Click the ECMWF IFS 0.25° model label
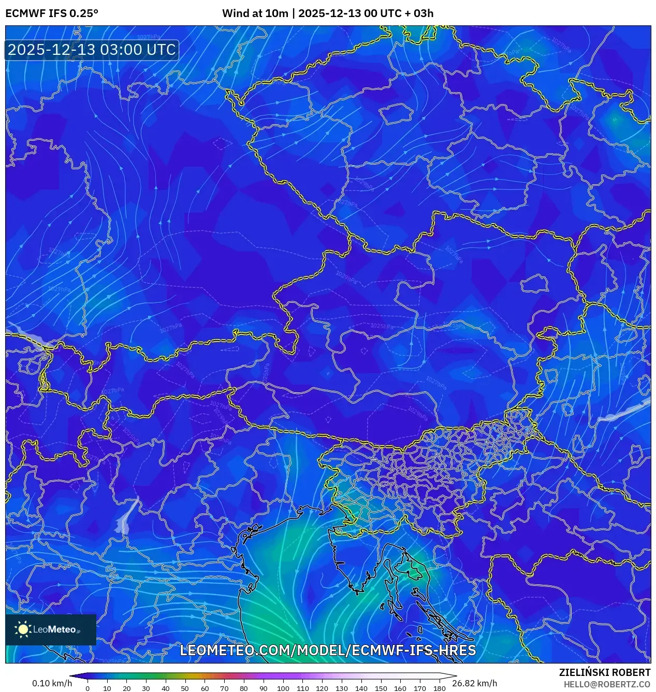pyautogui.click(x=52, y=13)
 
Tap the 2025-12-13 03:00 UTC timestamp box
pyautogui.click(x=92, y=50)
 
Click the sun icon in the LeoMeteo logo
pyautogui.click(x=23, y=629)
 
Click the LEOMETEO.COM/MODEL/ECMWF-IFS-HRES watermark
pyautogui.click(x=328, y=650)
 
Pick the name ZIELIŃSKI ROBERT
pyautogui.click(x=604, y=672)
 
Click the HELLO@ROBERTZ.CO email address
pyautogui.click(x=607, y=684)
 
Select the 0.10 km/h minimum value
pyautogui.click(x=52, y=683)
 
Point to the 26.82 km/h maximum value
pyautogui.click(x=474, y=683)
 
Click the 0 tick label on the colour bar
pyautogui.click(x=87, y=688)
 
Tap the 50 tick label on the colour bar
pyautogui.click(x=185, y=688)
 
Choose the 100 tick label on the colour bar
pyautogui.click(x=283, y=688)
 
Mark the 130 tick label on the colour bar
pyautogui.click(x=341, y=688)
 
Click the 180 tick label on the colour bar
pyautogui.click(x=439, y=688)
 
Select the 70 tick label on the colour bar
pyautogui.click(x=224, y=688)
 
